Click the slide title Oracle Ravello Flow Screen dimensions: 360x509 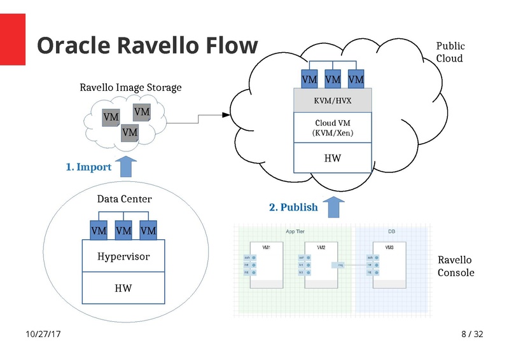147,46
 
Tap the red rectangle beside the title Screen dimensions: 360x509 13,39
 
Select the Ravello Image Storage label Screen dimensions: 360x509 130,87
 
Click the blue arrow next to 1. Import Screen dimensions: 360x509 126,166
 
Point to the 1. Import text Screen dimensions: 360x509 88,167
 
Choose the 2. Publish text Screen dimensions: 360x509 293,207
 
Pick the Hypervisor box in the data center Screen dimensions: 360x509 123,256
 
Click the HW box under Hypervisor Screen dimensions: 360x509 123,288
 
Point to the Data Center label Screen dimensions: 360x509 124,199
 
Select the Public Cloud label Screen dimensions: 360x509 450,52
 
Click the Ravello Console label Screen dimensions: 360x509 456,267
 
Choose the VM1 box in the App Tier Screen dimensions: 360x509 266,266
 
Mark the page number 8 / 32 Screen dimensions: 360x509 471,334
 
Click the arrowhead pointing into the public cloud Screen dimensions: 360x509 225,115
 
